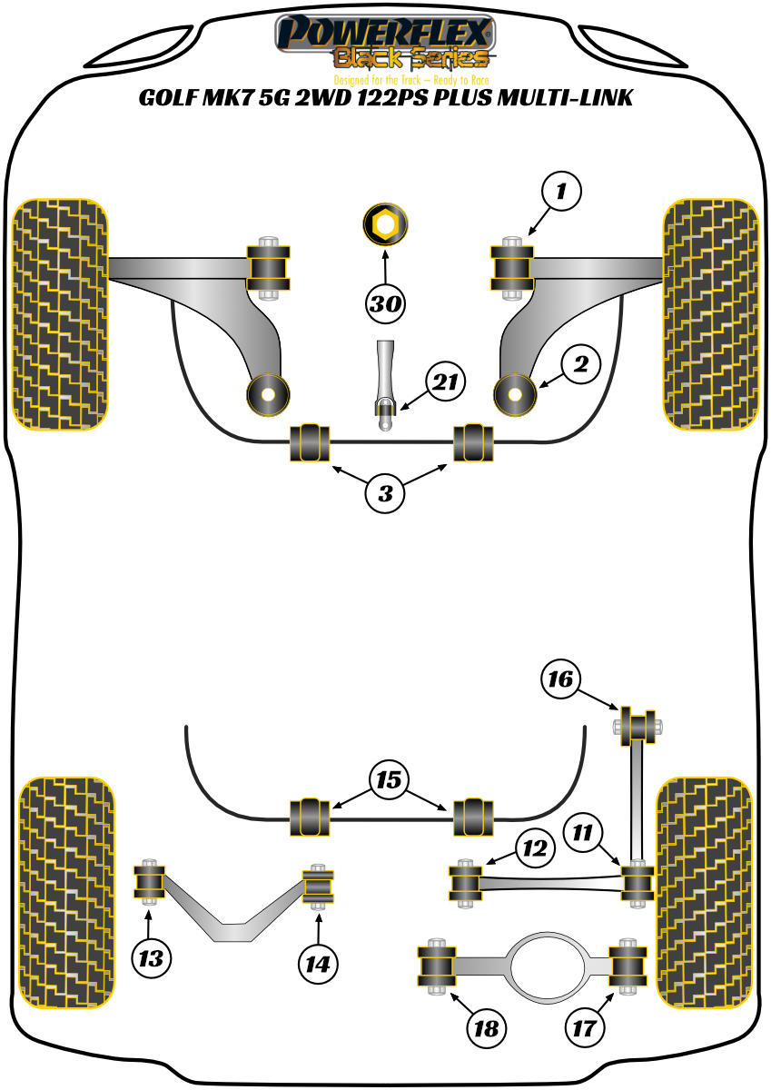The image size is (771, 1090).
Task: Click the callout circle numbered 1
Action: point(561,192)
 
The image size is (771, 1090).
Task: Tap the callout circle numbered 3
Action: point(386,494)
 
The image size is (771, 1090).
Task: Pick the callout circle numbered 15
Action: point(390,780)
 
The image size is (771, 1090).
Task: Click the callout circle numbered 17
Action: point(585,1028)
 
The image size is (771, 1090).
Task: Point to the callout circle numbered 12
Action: point(534,848)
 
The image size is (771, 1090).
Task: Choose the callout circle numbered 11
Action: point(581,831)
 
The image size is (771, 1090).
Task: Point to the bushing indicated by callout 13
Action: point(149,881)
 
